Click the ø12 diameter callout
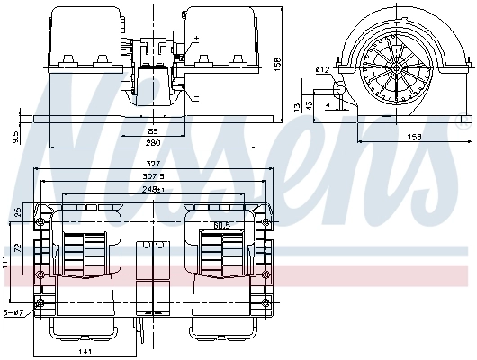(320, 69)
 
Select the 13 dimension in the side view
(296, 107)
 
